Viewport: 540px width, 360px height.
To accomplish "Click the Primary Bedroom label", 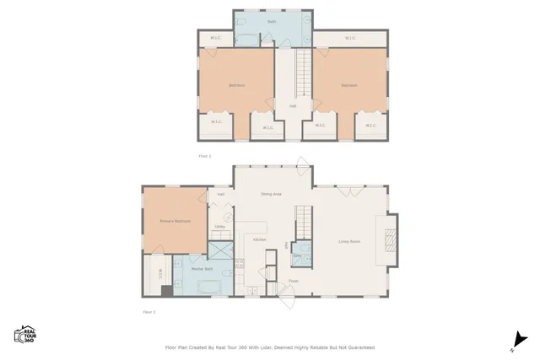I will [175, 221].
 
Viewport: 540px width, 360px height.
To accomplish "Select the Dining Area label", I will [271, 194].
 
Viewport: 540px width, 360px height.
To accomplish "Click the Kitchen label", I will [260, 239].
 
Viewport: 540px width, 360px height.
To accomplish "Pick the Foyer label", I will [294, 281].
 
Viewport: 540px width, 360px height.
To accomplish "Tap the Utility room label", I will [219, 227].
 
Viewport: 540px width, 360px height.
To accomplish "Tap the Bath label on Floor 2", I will [273, 21].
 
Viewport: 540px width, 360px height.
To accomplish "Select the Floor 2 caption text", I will [204, 156].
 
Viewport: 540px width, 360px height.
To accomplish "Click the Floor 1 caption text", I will [148, 311].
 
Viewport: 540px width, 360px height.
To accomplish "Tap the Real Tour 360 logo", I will [24, 334].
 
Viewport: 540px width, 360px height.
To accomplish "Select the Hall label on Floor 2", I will [293, 106].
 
